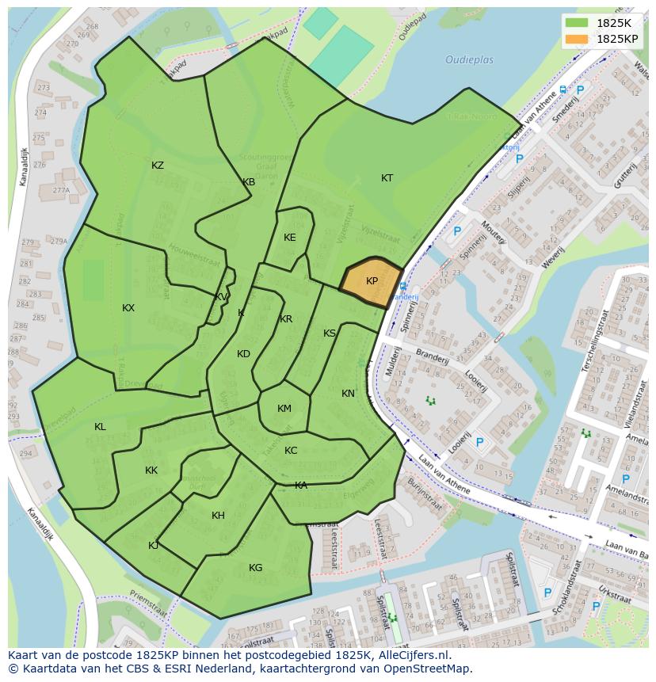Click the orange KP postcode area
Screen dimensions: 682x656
point(371,282)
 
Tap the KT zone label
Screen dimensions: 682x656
point(387,178)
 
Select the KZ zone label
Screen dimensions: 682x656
point(158,166)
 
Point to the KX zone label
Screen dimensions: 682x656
point(128,308)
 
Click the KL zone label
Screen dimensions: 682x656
point(100,427)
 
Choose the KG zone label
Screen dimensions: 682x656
point(255,568)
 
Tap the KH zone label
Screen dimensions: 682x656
point(218,516)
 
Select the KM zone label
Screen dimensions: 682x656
point(284,409)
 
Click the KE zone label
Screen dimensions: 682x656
point(290,238)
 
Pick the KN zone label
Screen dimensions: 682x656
point(348,394)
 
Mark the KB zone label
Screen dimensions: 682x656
point(249,182)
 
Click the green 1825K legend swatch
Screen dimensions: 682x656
point(578,23)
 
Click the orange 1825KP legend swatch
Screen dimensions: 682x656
point(578,38)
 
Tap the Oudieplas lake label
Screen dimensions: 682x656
point(469,60)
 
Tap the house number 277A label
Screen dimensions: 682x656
point(60,190)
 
